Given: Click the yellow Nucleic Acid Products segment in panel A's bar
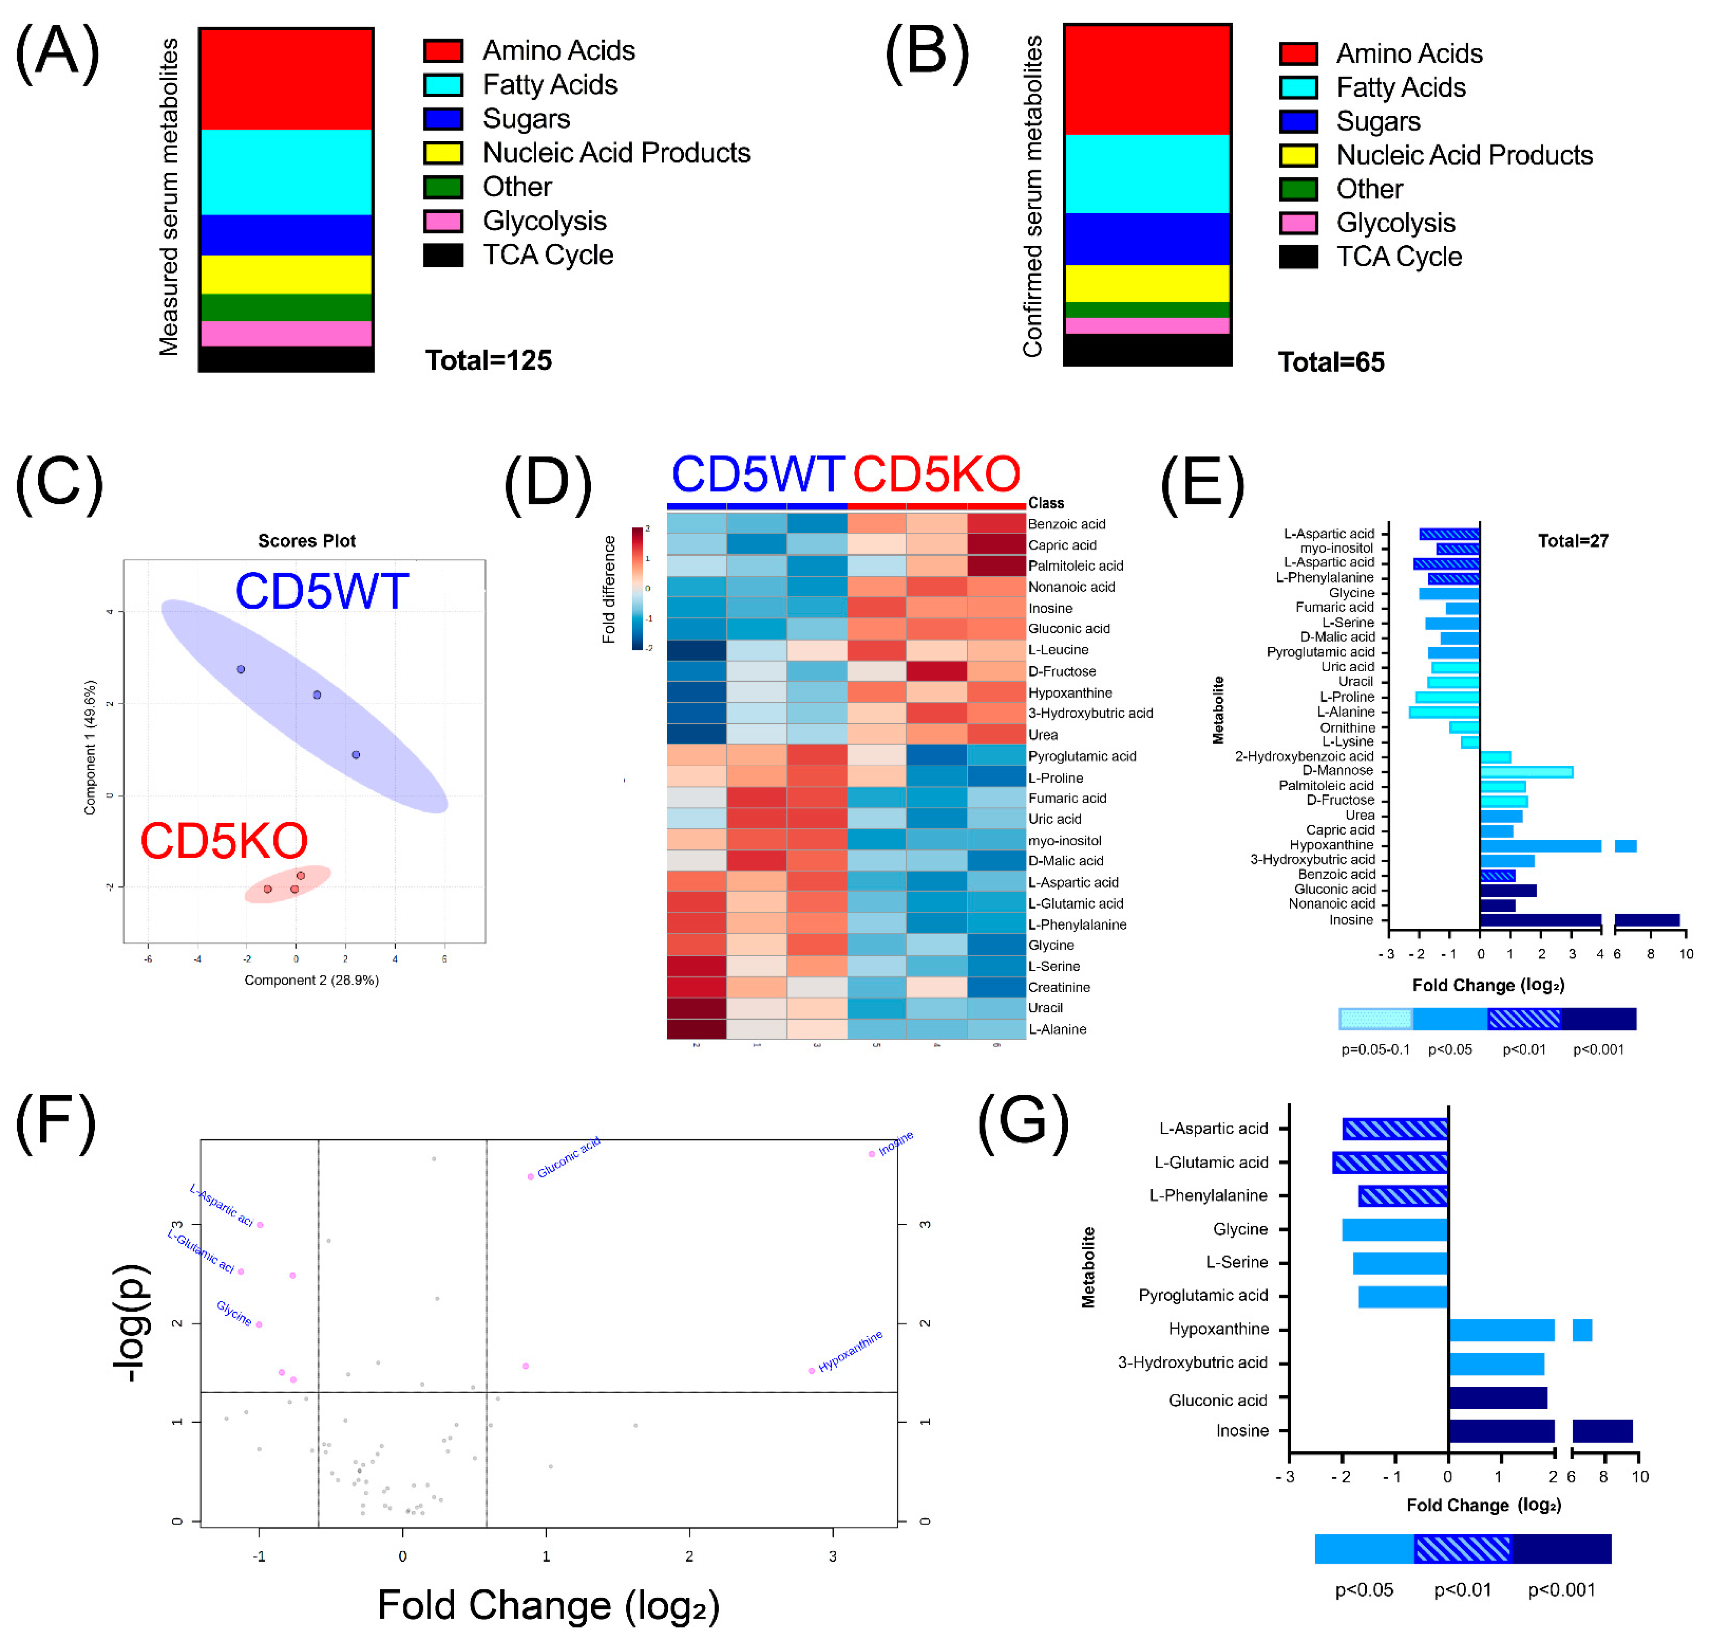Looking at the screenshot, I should point(287,274).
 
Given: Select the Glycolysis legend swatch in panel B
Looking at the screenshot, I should point(1298,223).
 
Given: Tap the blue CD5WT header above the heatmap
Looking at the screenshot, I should point(757,475).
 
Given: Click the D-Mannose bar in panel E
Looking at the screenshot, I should point(1526,772).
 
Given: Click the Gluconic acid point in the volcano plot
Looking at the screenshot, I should point(530,1177).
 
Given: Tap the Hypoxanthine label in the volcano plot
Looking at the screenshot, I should point(850,1351).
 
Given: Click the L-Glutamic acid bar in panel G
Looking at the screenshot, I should point(1390,1162).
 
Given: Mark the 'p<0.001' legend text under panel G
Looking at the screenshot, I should point(1561,1590).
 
